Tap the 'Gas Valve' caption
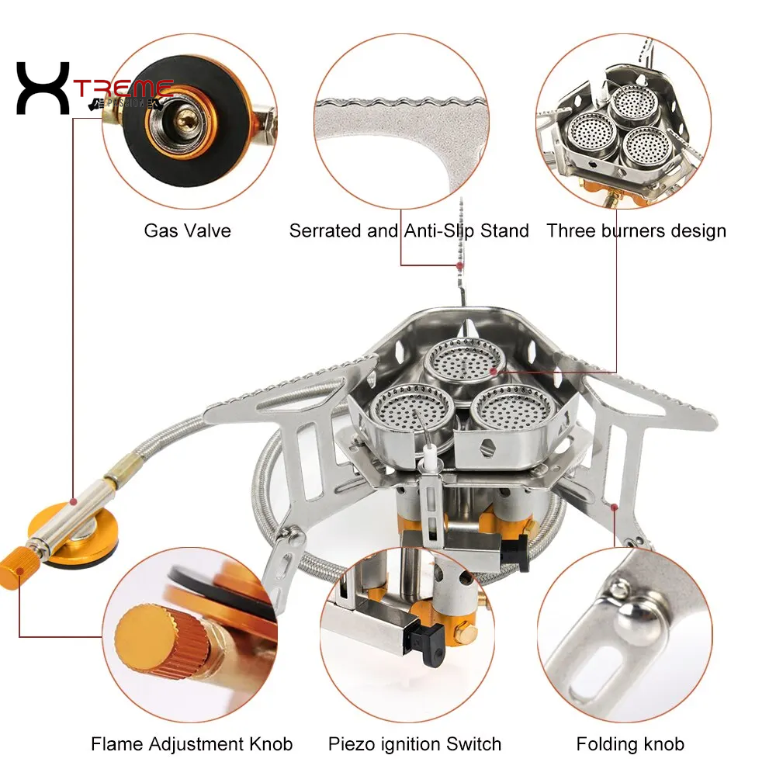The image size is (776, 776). point(187,230)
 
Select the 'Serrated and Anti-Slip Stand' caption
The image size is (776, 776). point(409,230)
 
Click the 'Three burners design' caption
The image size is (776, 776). point(636,230)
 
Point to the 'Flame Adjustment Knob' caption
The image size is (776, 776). point(192,744)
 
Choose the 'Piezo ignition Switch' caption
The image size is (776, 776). point(415,744)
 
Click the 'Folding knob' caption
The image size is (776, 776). point(630,744)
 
